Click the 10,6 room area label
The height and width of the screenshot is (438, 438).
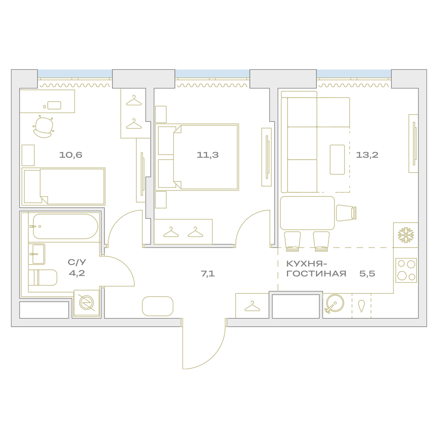point(71,155)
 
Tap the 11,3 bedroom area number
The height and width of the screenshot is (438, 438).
point(208,155)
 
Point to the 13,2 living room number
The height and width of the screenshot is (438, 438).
point(367,155)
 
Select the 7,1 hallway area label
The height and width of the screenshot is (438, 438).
point(208,273)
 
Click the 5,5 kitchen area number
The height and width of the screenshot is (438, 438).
point(367,273)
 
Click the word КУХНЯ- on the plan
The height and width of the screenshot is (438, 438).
point(307,264)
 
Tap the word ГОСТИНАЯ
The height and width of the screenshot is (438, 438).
point(316,273)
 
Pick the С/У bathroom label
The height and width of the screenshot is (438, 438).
point(77,262)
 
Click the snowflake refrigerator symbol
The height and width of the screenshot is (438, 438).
point(406,235)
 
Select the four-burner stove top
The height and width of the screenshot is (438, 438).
point(406,270)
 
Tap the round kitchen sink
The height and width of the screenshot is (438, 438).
point(334,304)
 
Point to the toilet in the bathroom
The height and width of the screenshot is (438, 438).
point(43,277)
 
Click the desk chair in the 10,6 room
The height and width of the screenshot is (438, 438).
point(43,127)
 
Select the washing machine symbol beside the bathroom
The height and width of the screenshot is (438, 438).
point(87,303)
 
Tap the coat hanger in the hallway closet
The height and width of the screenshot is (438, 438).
point(252,306)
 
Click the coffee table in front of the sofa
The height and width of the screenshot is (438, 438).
point(337,159)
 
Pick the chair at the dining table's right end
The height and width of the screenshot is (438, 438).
point(346,213)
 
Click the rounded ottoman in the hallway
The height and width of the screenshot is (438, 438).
point(158,306)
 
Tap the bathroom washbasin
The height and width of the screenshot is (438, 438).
point(37,254)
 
